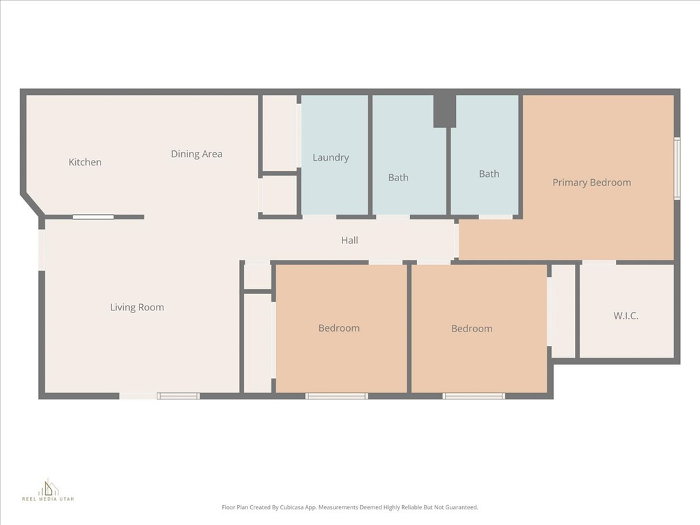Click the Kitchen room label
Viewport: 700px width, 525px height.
point(85,162)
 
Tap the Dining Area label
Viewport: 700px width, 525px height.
point(196,154)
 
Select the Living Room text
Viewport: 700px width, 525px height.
point(137,307)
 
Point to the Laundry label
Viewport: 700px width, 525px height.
point(330,157)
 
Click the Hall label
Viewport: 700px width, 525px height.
point(349,240)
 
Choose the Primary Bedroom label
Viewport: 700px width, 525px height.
point(591,183)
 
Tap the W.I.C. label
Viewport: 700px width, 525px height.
point(625,316)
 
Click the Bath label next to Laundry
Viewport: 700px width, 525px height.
point(398,178)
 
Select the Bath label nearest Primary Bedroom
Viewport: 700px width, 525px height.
point(489,174)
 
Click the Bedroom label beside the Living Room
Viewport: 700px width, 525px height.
point(338,328)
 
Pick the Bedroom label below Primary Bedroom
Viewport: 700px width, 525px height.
point(472,329)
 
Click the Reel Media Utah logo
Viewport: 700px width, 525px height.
point(48,491)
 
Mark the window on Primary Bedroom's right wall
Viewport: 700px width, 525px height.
point(677,168)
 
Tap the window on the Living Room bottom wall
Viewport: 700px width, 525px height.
point(178,396)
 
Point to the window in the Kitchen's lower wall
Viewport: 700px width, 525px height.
point(94,217)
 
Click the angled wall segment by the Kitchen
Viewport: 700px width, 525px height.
point(31,203)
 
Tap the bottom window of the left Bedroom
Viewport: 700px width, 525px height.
point(336,396)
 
